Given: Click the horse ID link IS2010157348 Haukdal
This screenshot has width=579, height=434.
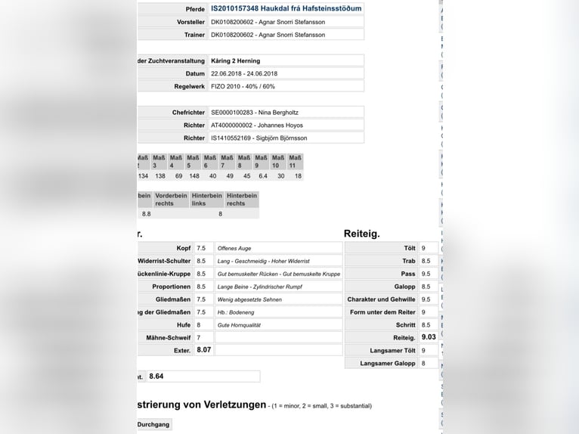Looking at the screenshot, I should point(286,8).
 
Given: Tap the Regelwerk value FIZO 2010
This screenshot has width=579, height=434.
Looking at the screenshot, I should point(243,87).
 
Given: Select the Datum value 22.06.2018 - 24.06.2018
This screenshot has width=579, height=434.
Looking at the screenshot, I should point(244,73).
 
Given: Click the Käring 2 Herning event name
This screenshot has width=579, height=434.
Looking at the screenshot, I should point(235,60).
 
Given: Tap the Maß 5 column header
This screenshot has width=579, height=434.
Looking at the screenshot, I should point(194,162).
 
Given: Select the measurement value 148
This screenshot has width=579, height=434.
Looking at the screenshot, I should point(194,176).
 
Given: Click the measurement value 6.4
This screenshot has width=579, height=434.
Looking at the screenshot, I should point(263,176).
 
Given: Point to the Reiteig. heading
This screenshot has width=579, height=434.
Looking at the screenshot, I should point(362,234).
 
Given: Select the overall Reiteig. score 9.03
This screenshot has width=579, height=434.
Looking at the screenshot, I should point(429,337).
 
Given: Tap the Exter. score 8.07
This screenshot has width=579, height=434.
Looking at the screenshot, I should point(203,350).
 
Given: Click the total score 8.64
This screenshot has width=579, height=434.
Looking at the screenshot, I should point(156,376).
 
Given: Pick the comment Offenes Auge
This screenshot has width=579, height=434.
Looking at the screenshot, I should point(234,248).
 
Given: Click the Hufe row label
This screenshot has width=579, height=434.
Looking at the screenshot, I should point(183,324).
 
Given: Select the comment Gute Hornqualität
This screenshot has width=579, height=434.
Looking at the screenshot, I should point(239,324).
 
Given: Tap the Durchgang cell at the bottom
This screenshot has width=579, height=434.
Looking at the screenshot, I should point(153,425).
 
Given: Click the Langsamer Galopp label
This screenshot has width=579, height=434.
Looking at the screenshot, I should point(388,364).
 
